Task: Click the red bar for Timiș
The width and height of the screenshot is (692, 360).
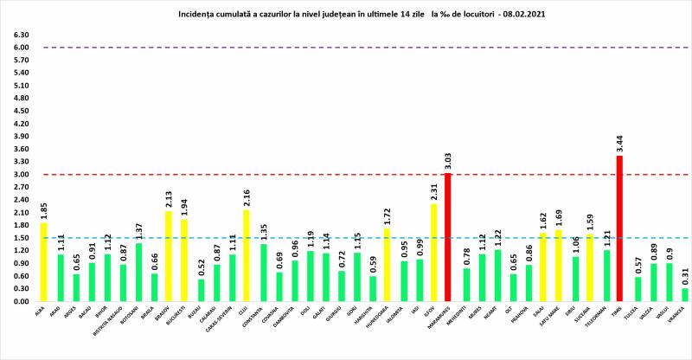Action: pos(618,228)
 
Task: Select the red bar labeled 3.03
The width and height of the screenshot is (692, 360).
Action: pos(447,237)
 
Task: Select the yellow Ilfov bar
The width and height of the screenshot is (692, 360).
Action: pos(432,252)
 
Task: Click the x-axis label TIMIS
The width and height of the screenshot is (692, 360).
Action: pos(618,317)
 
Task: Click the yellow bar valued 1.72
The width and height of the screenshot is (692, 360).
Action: pos(386,265)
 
